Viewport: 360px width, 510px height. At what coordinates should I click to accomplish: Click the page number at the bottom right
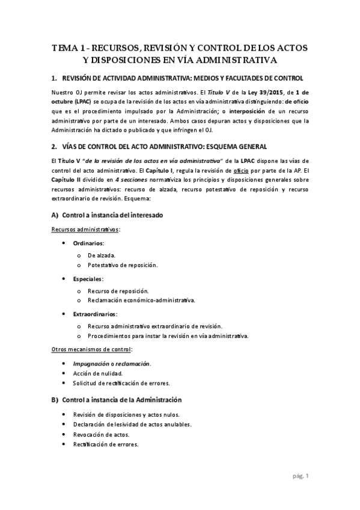[x=301, y=476]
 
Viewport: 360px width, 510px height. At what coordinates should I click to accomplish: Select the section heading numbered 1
[x=177, y=79]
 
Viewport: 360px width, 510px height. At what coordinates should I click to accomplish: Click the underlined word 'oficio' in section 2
[x=243, y=170]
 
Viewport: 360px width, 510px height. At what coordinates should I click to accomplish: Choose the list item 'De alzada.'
[x=102, y=255]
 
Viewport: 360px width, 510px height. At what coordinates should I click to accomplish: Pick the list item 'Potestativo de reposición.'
[x=123, y=265]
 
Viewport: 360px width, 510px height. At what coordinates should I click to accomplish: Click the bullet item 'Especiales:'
[x=88, y=278]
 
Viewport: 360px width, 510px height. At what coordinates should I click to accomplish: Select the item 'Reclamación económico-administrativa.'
[x=141, y=300]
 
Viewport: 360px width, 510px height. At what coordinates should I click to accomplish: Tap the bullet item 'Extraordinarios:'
[x=95, y=313]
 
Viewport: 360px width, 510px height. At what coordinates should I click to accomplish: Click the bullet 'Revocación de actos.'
[x=101, y=434]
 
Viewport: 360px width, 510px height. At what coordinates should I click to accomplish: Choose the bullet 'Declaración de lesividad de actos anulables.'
[x=132, y=424]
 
